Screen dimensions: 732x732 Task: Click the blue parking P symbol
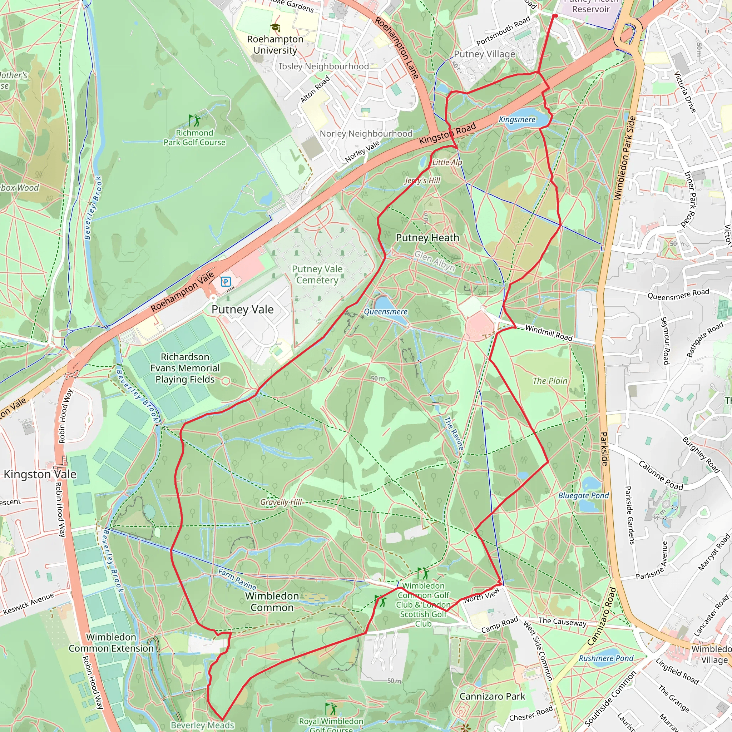(226, 282)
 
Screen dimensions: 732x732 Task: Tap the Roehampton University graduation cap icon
(276, 27)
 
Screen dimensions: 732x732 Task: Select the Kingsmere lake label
(517, 120)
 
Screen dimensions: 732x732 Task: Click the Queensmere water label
(385, 311)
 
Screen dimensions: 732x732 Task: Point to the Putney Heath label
(427, 238)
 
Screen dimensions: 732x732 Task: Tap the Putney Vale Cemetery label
(317, 274)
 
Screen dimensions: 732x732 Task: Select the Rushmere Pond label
(606, 658)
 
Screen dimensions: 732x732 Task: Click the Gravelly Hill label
(281, 502)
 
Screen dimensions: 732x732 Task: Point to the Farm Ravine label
(238, 579)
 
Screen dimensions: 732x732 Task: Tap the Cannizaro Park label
(492, 696)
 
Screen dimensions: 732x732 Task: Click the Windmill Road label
(549, 333)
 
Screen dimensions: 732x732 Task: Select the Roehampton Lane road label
(397, 48)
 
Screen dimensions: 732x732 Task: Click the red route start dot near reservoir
(554, 16)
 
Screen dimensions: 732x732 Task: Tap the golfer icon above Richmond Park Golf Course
(194, 120)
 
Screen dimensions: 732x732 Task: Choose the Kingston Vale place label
(40, 474)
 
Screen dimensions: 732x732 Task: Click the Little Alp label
(447, 162)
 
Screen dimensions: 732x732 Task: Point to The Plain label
(550, 381)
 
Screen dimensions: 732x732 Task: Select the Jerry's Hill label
(422, 180)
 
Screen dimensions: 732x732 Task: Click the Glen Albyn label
(434, 261)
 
